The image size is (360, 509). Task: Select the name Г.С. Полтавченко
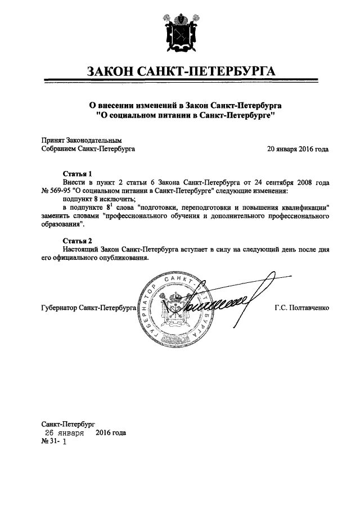tap(301, 309)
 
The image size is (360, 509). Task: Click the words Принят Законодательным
tap(82, 141)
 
